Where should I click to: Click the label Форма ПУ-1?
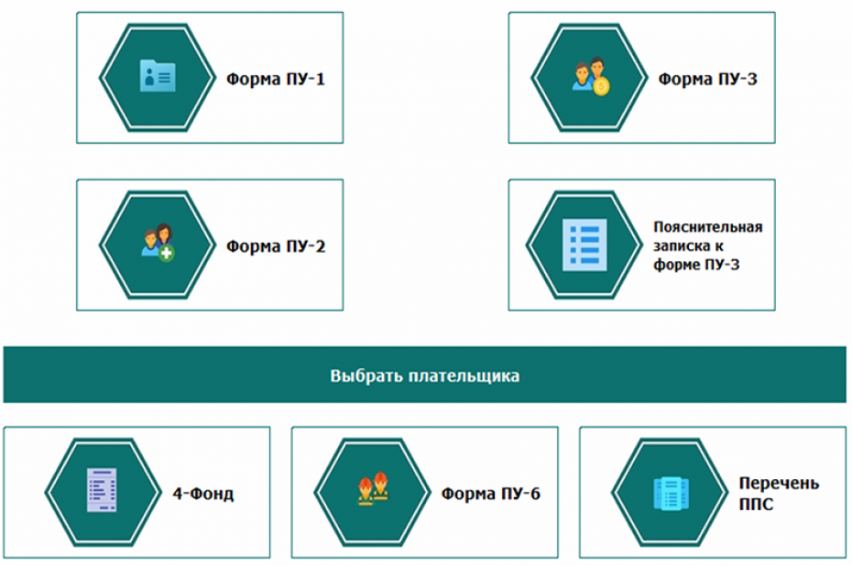point(276,80)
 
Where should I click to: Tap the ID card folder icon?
point(158,75)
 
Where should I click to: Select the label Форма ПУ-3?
point(707,80)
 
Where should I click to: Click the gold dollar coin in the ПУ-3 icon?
point(601,86)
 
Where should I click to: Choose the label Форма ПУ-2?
point(276,246)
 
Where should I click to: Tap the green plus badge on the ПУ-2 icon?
point(167,253)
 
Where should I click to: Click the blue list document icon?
point(584,245)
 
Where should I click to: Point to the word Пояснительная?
point(708,227)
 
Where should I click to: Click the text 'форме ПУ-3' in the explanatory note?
point(696,265)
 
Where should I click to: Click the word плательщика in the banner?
point(464,376)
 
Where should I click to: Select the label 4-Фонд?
point(203,494)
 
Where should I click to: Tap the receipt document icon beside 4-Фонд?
point(103,490)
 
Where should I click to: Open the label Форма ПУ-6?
point(491,494)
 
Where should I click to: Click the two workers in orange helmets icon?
point(373,488)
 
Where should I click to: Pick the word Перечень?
point(779,484)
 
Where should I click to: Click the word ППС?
point(756,504)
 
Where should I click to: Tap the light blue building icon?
point(671,494)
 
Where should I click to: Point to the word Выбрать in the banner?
point(367,376)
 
